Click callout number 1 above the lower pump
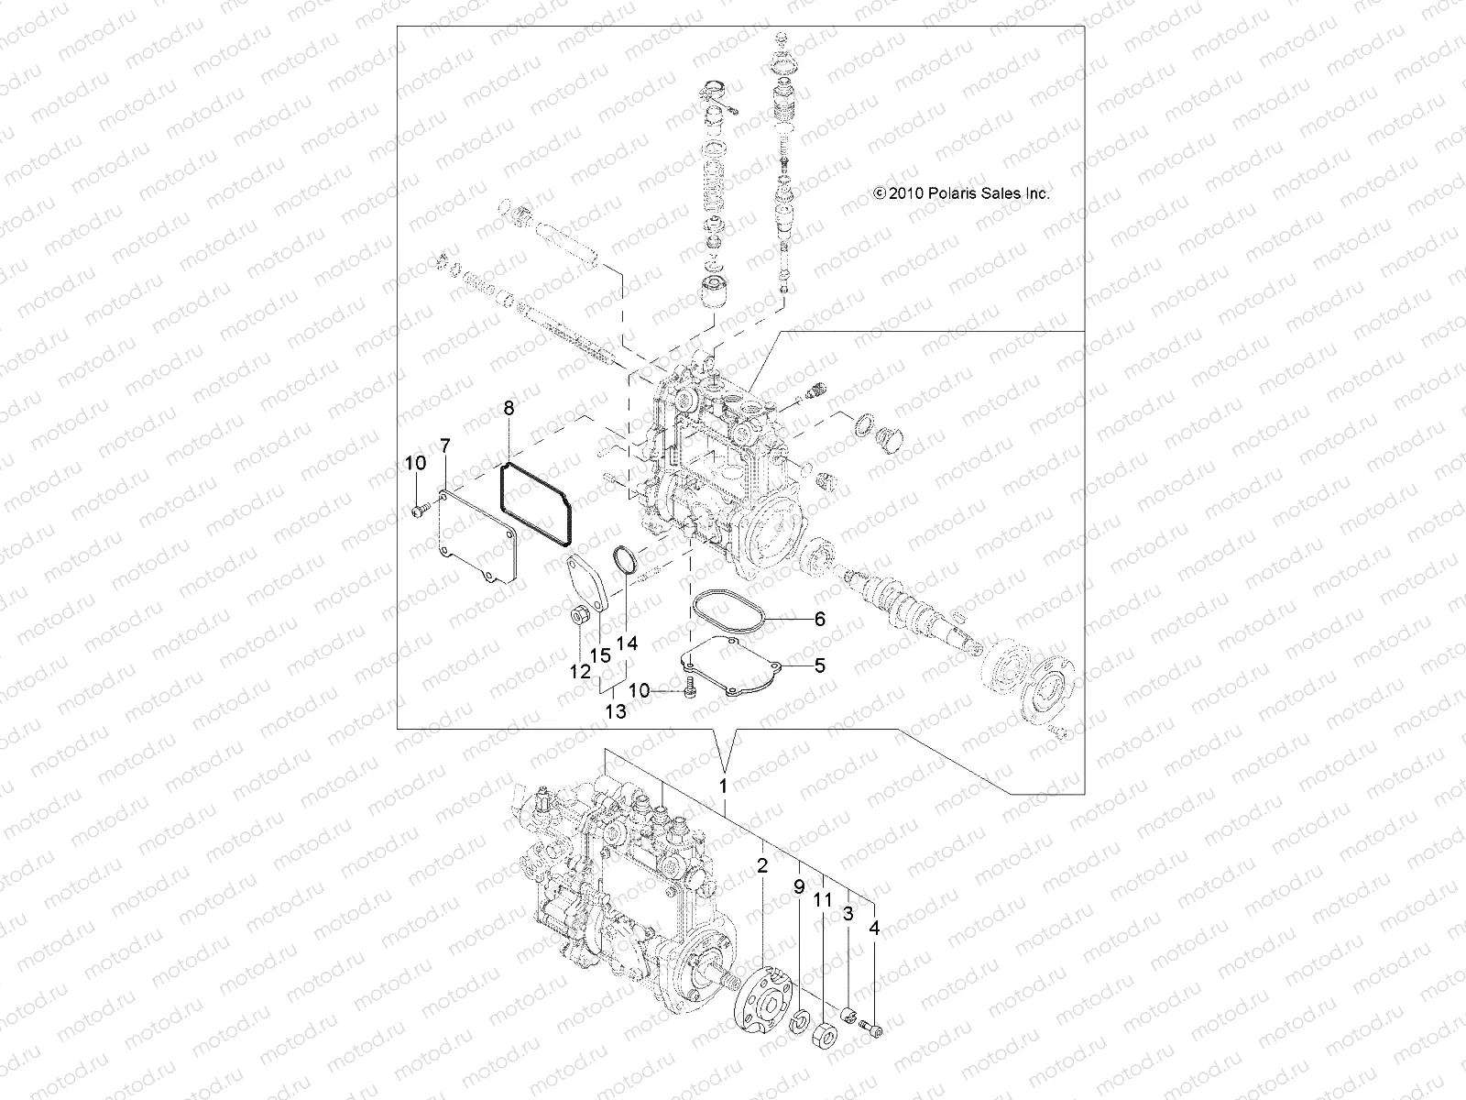[x=723, y=786]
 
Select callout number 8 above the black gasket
[x=509, y=409]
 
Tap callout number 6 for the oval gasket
[x=819, y=619]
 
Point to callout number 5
[x=819, y=665]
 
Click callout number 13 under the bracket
[x=616, y=710]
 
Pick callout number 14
[x=627, y=643]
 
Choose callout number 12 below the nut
[x=580, y=672]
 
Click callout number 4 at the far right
[x=874, y=929]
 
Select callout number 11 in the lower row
[x=823, y=901]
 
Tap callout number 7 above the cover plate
[x=445, y=446]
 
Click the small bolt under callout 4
[x=874, y=1032]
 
